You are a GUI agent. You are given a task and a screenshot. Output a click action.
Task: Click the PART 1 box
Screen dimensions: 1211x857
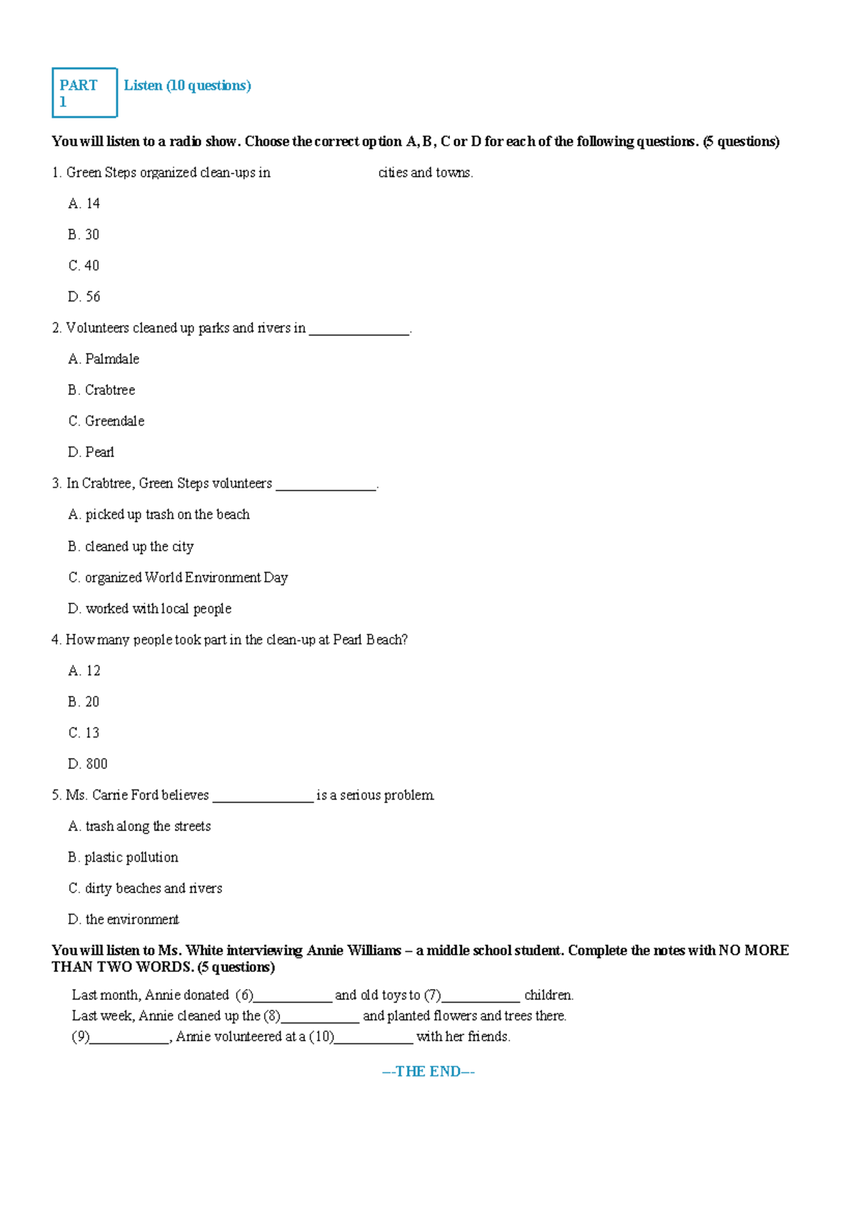(84, 93)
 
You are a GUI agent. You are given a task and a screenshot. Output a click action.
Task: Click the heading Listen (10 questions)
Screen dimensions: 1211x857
(187, 86)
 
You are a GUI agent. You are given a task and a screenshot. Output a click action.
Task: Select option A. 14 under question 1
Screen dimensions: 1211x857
(84, 203)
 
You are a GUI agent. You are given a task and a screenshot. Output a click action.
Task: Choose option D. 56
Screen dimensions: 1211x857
(84, 296)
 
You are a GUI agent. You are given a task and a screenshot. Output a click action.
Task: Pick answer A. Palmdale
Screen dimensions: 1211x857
(104, 359)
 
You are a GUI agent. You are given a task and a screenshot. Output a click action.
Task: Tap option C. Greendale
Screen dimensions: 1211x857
(106, 421)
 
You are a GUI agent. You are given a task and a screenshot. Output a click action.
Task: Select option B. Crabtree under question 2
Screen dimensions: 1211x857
(101, 390)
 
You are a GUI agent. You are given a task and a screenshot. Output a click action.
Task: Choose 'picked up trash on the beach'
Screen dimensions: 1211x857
(159, 515)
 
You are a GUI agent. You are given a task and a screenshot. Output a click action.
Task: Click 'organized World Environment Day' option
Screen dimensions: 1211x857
(179, 578)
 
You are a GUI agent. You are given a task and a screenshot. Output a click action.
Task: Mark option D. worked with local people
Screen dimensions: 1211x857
(150, 609)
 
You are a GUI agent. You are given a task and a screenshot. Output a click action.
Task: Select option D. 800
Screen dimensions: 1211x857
(88, 764)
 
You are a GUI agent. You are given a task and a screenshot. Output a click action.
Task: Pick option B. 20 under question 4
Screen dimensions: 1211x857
(84, 702)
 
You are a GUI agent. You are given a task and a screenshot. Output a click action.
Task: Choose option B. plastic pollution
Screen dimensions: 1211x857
(124, 858)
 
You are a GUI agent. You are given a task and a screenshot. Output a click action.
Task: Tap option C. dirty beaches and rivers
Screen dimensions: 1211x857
(146, 888)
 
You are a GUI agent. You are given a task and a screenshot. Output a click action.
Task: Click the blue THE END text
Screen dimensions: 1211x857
(428, 1071)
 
